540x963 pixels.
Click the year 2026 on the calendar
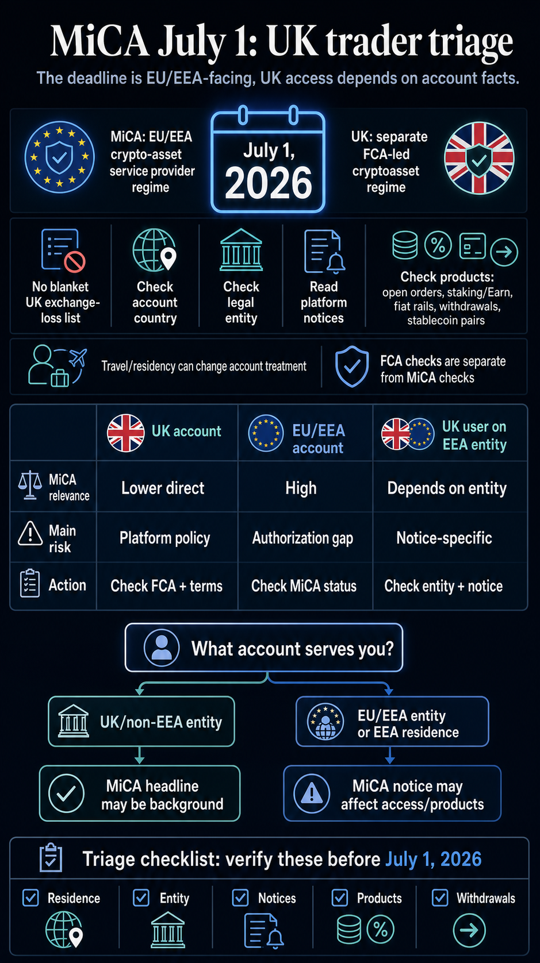coord(268,183)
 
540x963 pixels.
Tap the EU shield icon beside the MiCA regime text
coord(59,157)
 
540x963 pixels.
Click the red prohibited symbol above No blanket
coord(74,262)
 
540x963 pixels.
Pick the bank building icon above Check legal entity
coord(241,250)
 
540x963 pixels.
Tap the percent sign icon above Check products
coord(438,245)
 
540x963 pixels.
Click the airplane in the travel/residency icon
coord(78,358)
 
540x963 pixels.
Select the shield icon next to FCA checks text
coord(352,367)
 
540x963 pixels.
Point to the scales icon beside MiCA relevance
coord(30,485)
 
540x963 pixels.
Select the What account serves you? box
coord(264,648)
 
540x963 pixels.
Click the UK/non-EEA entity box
coord(141,722)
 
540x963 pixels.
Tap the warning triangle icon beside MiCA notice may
coord(312,793)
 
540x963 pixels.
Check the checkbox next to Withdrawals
coord(440,897)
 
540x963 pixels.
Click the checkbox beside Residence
coord(31,897)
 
